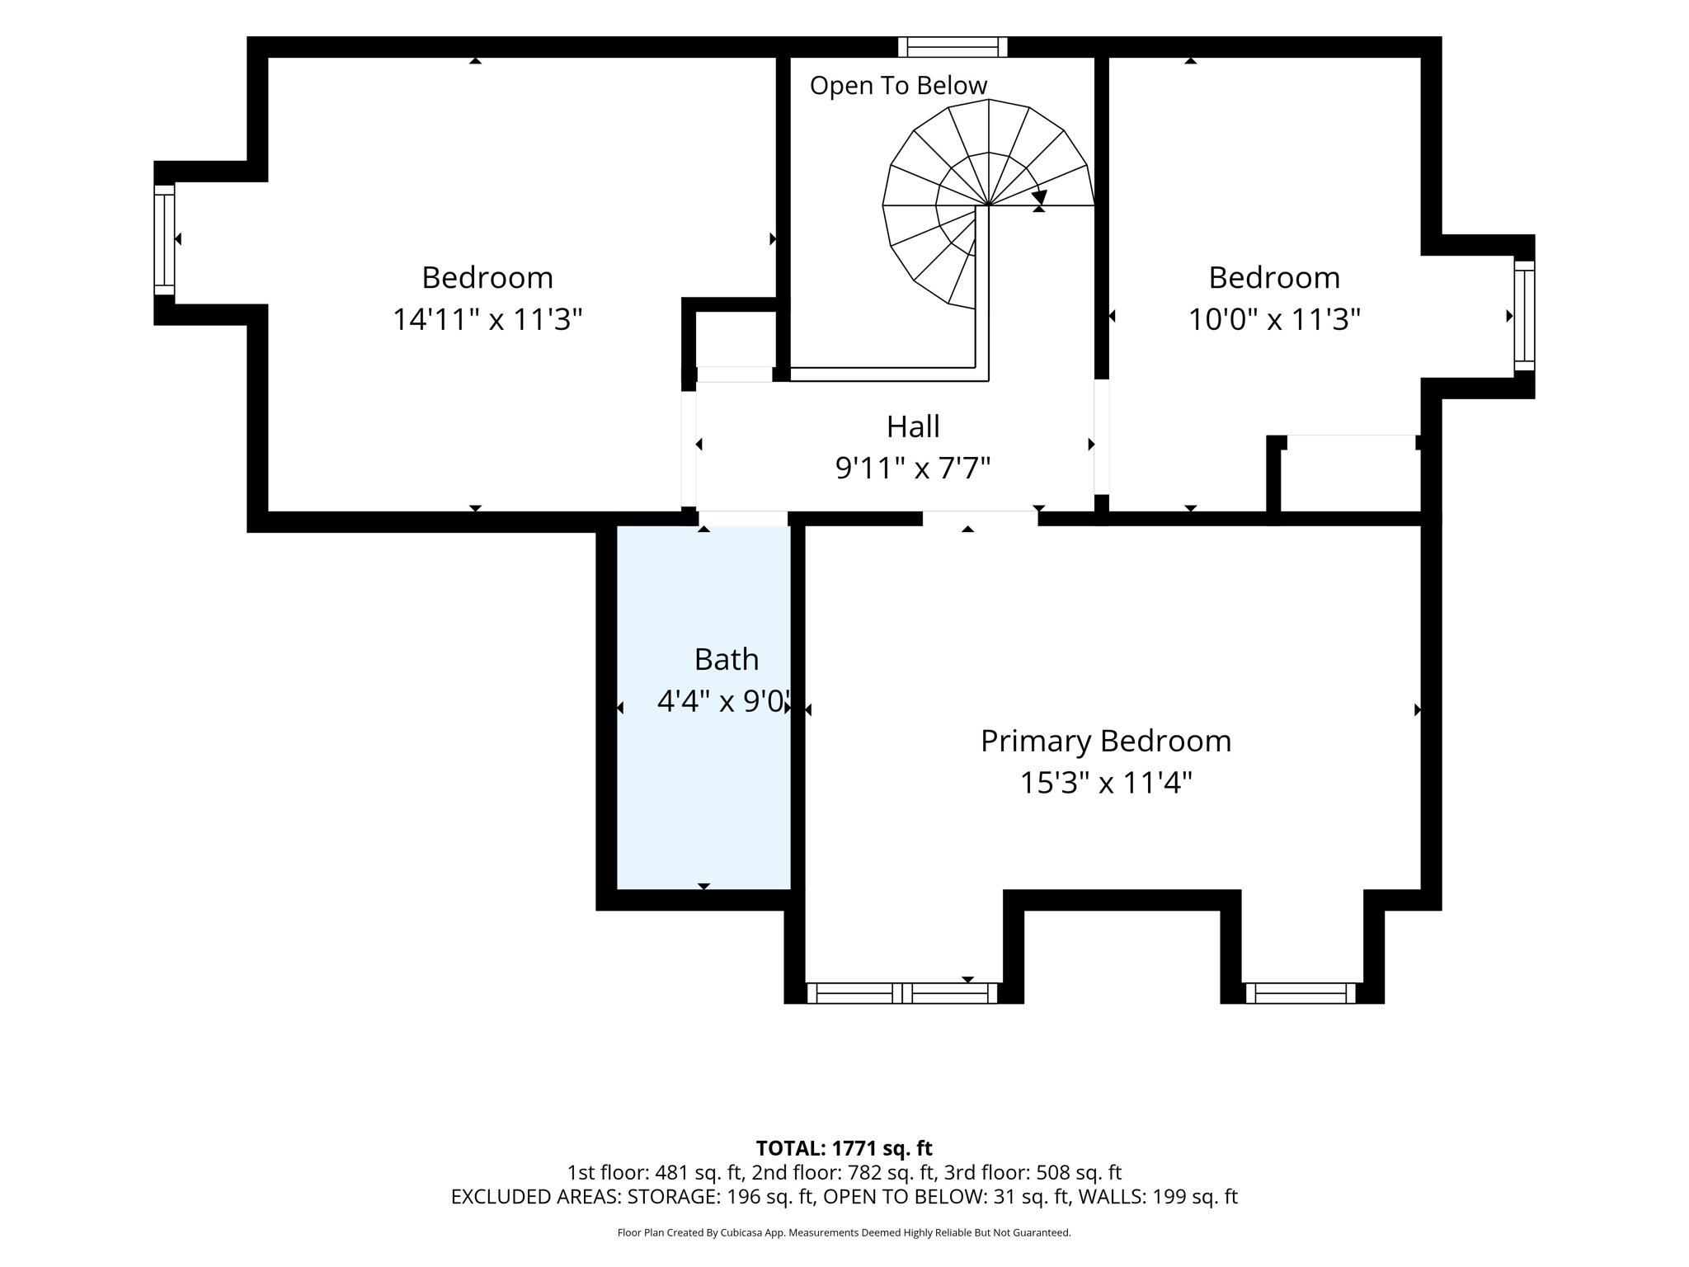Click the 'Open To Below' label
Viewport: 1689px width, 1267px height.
898,86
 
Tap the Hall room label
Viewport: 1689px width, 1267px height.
913,426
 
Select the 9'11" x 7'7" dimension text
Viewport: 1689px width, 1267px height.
913,469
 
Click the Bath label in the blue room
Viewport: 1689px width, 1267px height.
727,659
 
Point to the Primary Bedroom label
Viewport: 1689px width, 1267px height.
1106,741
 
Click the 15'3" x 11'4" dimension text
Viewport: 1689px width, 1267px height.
1106,782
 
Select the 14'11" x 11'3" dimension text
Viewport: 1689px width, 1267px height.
487,319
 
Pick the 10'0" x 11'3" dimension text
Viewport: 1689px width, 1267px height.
1274,319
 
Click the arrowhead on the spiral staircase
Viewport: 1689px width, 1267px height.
1039,198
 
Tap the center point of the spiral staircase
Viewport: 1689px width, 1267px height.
988,205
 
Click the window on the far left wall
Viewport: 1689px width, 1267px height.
164,239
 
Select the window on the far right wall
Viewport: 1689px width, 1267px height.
1524,316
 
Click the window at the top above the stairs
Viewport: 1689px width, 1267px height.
953,47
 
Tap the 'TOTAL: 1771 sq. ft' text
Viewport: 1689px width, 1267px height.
844,1148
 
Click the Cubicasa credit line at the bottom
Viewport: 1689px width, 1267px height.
844,1233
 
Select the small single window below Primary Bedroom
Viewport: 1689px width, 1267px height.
1301,993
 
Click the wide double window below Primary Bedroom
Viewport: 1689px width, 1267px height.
902,993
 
